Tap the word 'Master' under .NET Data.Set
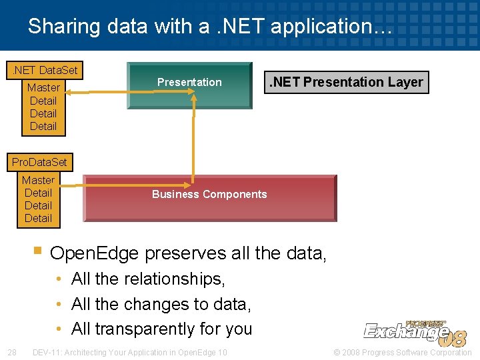[x=43, y=87]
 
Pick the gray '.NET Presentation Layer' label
[x=345, y=83]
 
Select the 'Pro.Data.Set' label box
[x=39, y=162]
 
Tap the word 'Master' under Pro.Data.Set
[x=38, y=180]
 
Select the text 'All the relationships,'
[x=148, y=279]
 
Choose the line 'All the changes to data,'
[x=161, y=304]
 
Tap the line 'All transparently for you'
[x=161, y=329]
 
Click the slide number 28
[x=11, y=352]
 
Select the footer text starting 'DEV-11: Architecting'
[x=129, y=352]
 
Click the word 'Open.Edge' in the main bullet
[x=95, y=253]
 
